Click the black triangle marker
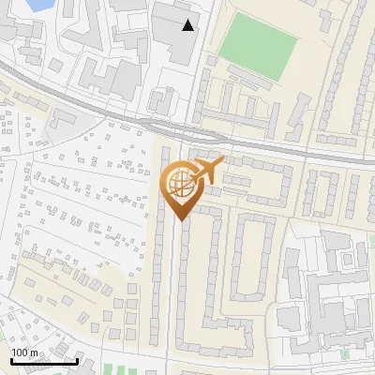[x=189, y=25]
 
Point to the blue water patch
[x=37, y=5]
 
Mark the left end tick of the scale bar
[x=11, y=360]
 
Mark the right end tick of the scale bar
[x=77, y=360]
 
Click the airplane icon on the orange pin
[x=206, y=171]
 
